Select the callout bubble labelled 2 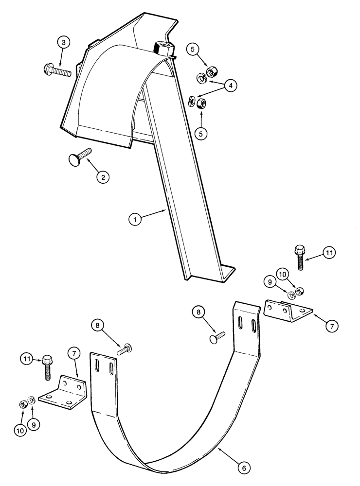tap(102, 177)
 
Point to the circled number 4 tap(231, 85)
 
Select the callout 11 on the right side tap(329, 253)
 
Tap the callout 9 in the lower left tap(34, 424)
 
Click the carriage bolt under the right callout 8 tap(217, 336)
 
